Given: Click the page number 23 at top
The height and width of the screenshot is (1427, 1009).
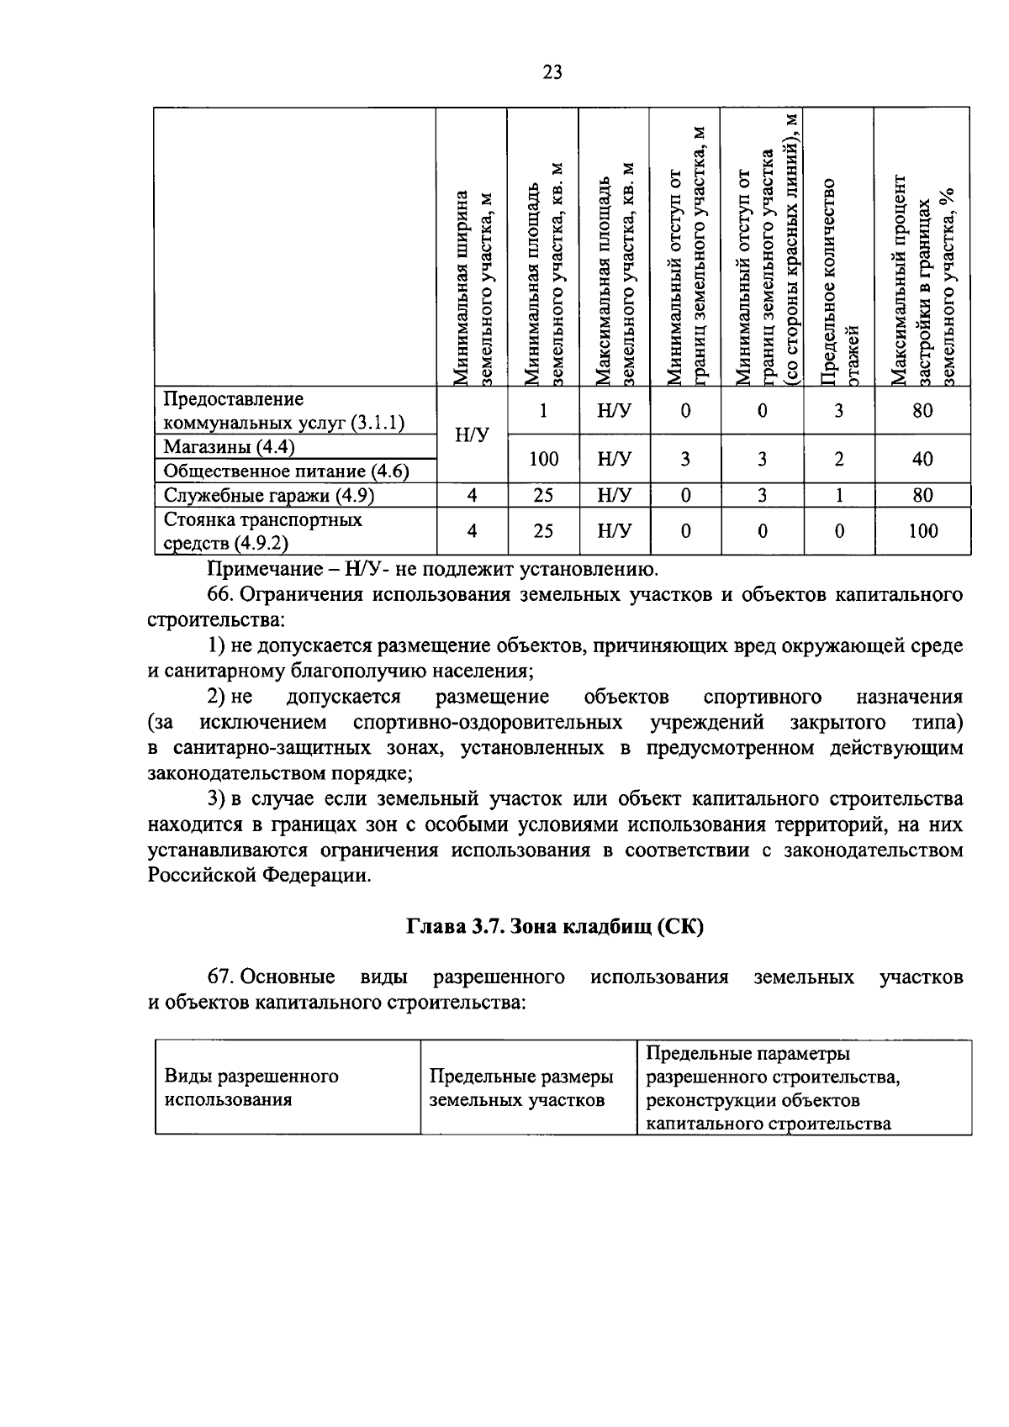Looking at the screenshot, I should click(552, 72).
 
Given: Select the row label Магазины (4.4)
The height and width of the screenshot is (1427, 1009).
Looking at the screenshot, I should click(229, 447).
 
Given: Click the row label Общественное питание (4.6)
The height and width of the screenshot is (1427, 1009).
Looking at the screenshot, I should click(286, 471).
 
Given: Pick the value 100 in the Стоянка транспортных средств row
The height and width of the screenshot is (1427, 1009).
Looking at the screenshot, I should click(922, 531).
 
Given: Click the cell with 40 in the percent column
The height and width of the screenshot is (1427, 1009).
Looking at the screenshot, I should click(922, 459).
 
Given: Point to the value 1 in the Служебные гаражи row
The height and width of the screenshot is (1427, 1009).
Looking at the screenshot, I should click(838, 495).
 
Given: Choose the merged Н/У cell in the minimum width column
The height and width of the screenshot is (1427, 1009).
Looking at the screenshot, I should click(472, 434).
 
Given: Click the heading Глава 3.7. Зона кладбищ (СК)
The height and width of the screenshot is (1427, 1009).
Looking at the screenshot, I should click(555, 926).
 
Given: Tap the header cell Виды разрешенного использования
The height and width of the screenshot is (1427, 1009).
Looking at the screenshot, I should click(251, 1087).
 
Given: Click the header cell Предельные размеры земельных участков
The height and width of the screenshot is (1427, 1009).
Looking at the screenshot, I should click(521, 1087).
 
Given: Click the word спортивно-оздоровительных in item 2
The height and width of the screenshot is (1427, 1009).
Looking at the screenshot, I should click(488, 723).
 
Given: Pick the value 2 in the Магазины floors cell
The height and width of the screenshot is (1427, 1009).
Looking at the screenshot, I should click(838, 459).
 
